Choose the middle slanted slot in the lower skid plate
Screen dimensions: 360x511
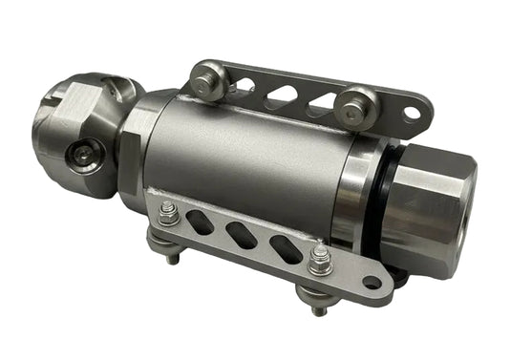coord(244,236)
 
